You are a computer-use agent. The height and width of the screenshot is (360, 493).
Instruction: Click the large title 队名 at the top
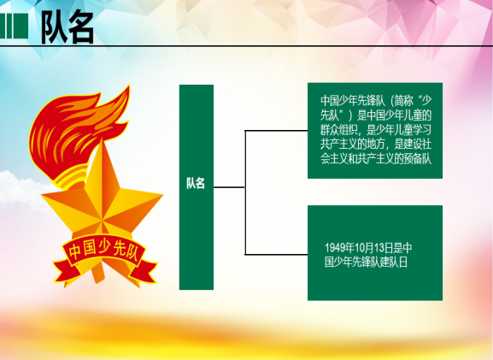point(67,27)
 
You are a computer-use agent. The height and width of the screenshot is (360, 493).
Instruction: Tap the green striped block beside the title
point(14,26)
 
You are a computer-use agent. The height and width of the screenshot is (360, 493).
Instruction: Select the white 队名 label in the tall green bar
point(196,183)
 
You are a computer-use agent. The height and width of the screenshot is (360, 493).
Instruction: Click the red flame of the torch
point(79,126)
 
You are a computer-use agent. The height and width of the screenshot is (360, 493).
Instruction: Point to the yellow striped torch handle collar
point(72,177)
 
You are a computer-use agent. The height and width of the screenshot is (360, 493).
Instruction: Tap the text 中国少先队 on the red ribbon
point(103,250)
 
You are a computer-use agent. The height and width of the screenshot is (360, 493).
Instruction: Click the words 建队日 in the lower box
point(394,262)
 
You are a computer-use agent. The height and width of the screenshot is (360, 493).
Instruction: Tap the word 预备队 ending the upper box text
point(418,159)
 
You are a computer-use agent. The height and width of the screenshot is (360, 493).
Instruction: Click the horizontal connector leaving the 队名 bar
point(229,187)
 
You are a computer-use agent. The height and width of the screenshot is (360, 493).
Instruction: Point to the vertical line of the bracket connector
point(245,192)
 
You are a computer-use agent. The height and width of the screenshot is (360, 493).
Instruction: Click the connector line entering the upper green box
point(276,130)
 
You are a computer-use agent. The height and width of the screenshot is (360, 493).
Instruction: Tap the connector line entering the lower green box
point(276,254)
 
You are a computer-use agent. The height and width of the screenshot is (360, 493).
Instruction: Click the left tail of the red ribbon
point(63,270)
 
